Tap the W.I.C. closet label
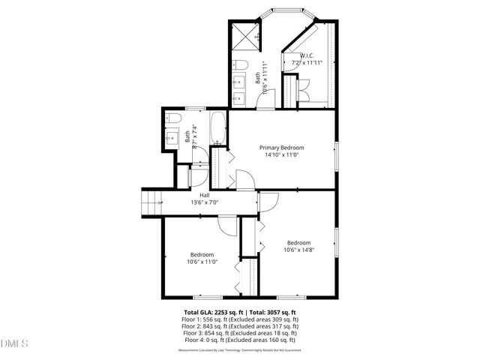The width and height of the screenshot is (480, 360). pos(306,56)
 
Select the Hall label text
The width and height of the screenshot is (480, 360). pos(204,196)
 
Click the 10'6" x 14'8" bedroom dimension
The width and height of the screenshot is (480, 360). pos(298,250)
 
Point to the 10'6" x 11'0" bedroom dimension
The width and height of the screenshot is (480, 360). pos(201,262)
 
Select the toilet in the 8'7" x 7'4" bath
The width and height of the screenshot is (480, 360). pos(171,120)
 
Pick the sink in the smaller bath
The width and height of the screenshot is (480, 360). pos(171,137)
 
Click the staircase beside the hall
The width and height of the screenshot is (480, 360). pos(152,202)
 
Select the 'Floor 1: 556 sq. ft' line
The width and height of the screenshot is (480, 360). pos(240,319)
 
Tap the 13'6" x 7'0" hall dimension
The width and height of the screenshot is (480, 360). pos(204,202)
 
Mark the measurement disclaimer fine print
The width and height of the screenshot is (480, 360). pos(240,349)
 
